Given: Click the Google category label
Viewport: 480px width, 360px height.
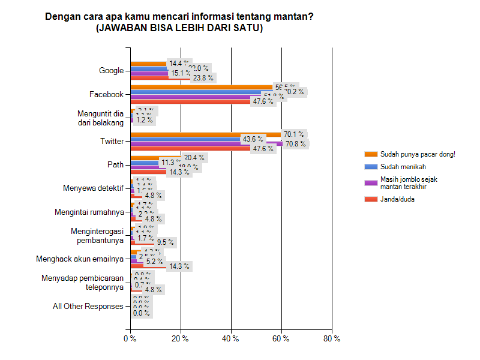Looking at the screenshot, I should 111,71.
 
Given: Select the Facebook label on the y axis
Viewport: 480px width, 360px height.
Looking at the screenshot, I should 106,94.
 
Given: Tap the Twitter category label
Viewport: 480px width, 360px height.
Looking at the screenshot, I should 112,142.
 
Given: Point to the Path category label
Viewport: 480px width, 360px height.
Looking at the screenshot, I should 115,165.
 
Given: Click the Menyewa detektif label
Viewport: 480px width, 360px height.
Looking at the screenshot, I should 93,188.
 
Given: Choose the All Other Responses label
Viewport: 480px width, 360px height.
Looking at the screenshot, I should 88,306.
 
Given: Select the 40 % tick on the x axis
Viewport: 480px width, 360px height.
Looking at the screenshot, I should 230,338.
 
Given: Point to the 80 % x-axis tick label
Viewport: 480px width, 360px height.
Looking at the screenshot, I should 332,338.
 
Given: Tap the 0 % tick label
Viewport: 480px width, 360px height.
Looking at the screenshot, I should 130,338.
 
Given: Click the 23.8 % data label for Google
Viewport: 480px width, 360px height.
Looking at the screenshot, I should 202,77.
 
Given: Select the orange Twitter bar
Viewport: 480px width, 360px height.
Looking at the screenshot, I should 204,134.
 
